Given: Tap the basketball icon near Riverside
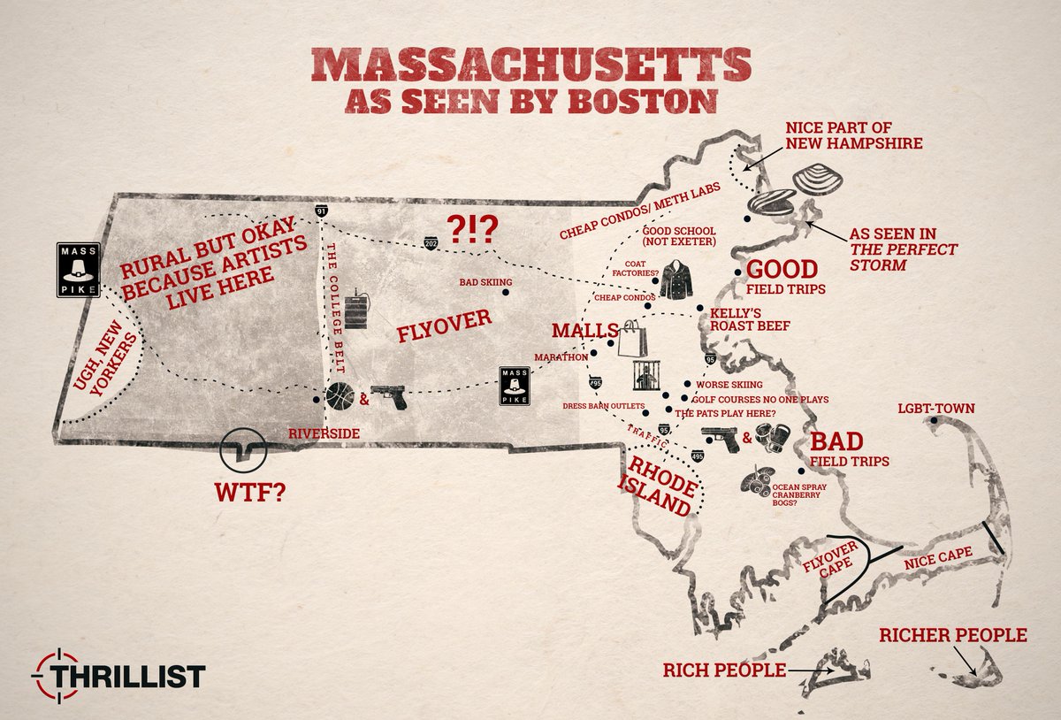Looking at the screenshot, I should pyautogui.click(x=340, y=397).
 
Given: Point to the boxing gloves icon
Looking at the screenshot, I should pyautogui.click(x=774, y=440).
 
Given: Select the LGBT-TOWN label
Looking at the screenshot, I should pyautogui.click(x=935, y=409).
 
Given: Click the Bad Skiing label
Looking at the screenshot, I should pyautogui.click(x=487, y=282).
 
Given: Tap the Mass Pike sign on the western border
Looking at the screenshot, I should pyautogui.click(x=76, y=269).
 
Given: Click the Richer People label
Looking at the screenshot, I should pyautogui.click(x=952, y=635).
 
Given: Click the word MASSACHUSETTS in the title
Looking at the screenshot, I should pyautogui.click(x=530, y=67).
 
